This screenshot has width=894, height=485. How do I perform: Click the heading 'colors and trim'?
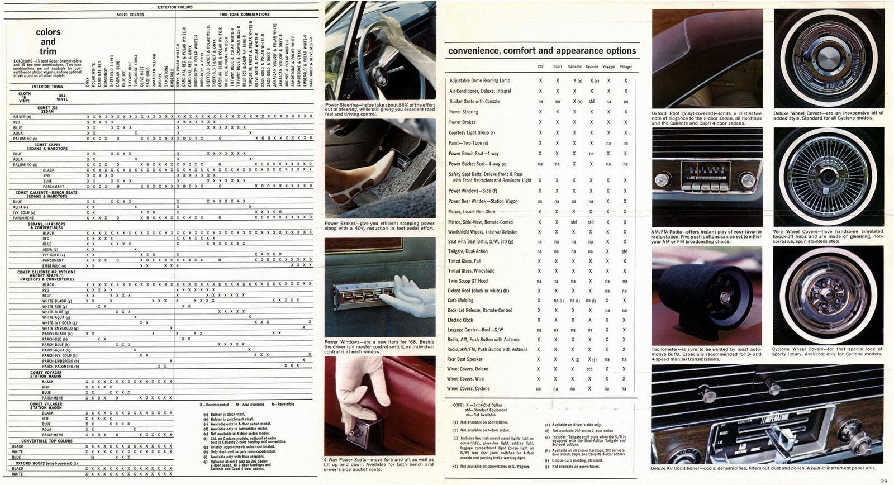click(48, 41)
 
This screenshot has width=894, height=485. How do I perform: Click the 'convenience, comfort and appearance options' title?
click(541, 51)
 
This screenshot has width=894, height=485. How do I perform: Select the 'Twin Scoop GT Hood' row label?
click(467, 281)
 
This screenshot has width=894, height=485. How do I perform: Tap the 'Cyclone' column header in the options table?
click(591, 66)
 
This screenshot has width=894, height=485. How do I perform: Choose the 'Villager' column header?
click(626, 66)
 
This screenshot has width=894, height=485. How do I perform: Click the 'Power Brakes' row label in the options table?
click(462, 122)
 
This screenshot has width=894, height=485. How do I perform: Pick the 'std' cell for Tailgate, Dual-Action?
click(625, 251)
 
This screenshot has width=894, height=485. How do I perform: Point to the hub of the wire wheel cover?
click(828, 177)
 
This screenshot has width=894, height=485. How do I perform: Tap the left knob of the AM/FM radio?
click(664, 180)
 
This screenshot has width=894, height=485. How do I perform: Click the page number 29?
click(883, 481)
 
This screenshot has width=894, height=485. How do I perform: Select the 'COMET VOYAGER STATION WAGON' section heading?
click(46, 374)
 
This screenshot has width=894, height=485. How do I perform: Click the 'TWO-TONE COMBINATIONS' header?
click(244, 15)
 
